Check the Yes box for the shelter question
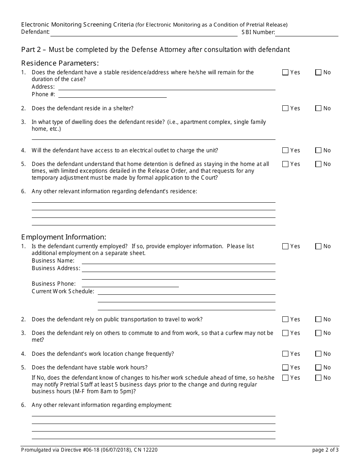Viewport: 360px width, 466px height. (x=285, y=108)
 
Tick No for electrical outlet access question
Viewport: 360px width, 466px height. (x=318, y=150)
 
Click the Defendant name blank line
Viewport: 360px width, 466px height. (x=144, y=33)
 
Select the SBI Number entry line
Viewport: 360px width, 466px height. (x=307, y=33)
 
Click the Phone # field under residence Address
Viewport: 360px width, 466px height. (x=112, y=95)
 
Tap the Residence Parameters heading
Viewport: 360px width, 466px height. (x=60, y=63)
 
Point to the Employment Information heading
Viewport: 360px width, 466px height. (x=64, y=237)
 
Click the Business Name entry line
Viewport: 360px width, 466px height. (x=178, y=261)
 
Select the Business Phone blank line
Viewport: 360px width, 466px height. (x=130, y=284)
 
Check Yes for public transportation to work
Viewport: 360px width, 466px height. (x=285, y=319)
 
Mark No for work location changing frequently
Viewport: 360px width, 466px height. (x=318, y=354)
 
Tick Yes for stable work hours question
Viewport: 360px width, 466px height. (x=285, y=367)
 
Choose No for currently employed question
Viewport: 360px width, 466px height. (x=318, y=246)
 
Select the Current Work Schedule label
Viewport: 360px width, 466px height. (x=63, y=291)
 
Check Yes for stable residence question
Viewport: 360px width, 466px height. (x=285, y=72)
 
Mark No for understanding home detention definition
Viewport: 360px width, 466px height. (x=318, y=164)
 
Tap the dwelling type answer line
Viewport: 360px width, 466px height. (x=153, y=137)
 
